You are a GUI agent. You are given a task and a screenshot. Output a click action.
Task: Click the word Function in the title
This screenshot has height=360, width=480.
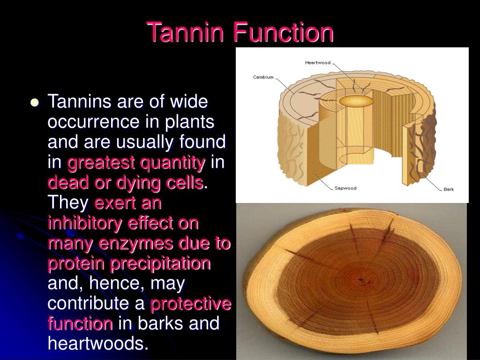click(284, 32)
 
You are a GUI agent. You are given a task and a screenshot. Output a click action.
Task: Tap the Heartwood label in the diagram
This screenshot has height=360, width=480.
click(318, 63)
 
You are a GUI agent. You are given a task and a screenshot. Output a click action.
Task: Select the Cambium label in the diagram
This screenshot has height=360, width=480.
click(263, 77)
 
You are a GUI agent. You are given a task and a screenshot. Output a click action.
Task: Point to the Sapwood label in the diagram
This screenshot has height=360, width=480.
click(345, 188)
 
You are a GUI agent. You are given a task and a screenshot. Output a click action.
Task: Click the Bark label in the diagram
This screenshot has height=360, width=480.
click(449, 189)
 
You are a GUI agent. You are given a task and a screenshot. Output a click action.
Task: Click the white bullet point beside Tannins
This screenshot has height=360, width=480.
click(34, 103)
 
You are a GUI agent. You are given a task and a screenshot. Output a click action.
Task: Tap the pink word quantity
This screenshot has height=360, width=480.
click(173, 163)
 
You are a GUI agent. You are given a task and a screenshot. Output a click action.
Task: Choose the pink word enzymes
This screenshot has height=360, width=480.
click(141, 243)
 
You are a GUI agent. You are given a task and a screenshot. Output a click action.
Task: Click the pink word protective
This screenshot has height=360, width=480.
click(191, 304)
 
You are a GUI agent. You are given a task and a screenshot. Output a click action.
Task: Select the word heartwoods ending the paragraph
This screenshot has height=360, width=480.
click(98, 344)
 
